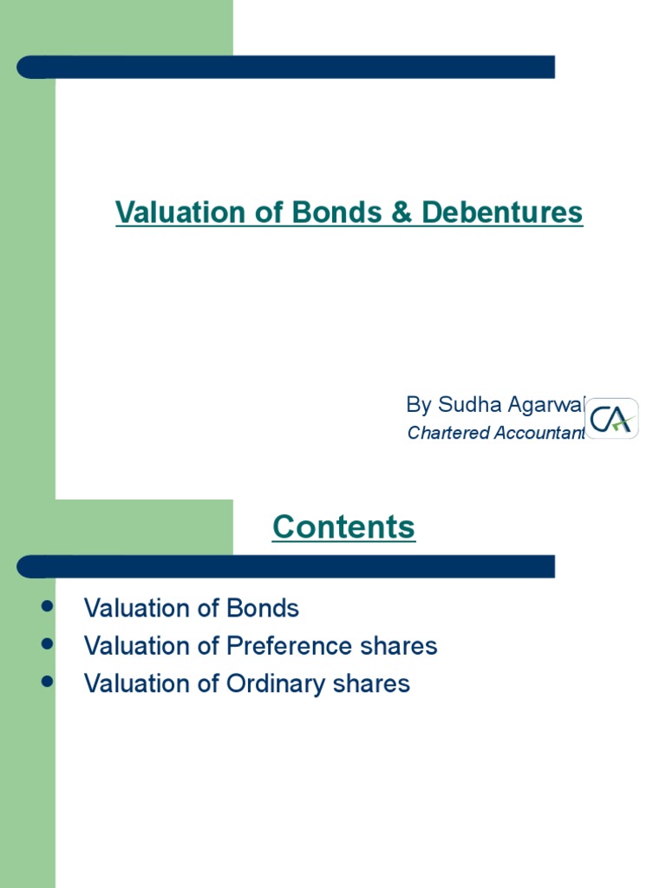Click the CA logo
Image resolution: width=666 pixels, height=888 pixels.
tap(612, 419)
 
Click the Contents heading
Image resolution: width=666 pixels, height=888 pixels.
tap(344, 526)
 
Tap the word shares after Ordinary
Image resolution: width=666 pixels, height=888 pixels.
tap(375, 684)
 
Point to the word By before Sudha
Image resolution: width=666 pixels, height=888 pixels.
tap(419, 404)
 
